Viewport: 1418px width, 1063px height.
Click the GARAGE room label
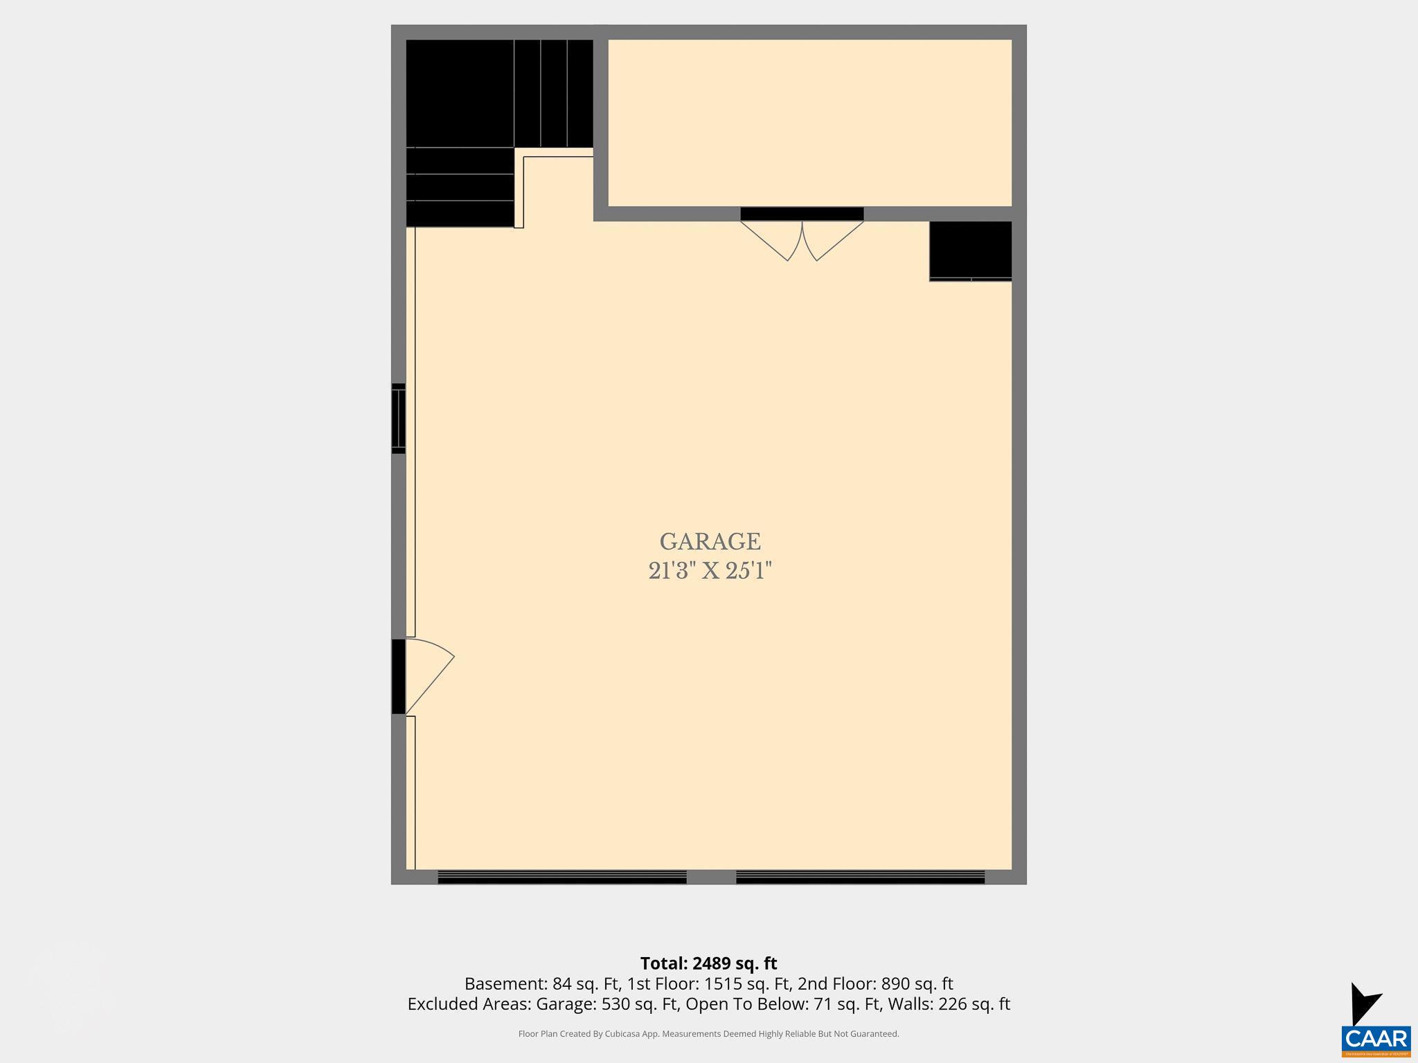710,541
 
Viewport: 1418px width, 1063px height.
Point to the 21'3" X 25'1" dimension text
710,571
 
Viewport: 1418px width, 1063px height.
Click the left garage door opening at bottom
562,877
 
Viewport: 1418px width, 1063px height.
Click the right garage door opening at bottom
860,877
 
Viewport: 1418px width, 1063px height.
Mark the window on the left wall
398,419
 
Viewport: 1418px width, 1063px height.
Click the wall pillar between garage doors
711,877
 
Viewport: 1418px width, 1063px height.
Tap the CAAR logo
1376,1038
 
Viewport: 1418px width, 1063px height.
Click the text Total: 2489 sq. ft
708,963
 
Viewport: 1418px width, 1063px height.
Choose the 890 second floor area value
894,984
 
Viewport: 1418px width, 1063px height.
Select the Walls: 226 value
949,1004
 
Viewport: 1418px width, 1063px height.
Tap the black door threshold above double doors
802,214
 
